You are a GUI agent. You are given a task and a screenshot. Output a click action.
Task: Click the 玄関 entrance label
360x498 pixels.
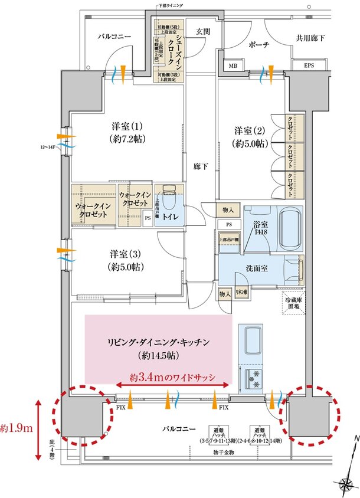point(203,32)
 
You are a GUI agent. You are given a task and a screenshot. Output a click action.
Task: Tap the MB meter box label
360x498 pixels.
point(233,66)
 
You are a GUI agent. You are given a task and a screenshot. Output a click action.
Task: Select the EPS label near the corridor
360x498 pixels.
point(309,65)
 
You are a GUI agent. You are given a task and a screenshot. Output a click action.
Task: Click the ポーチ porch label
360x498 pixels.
point(258,45)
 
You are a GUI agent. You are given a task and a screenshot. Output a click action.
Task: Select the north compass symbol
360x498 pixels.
point(348,472)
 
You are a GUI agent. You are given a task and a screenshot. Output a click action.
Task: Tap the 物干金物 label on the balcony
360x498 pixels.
point(224,452)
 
